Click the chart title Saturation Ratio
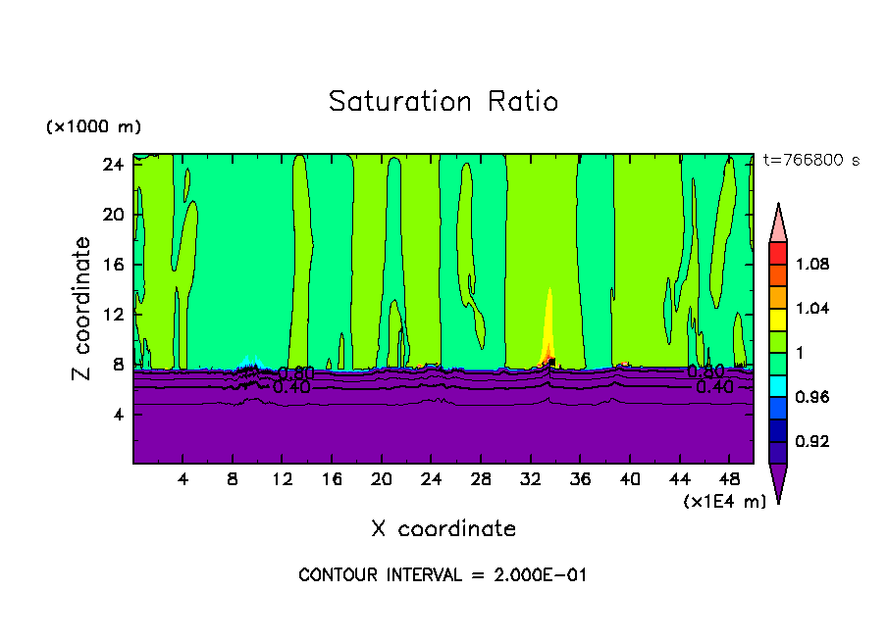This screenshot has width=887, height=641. click(x=443, y=102)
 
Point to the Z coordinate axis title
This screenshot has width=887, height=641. click(x=82, y=309)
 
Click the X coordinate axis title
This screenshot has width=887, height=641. click(x=443, y=529)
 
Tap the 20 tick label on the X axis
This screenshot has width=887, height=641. click(x=382, y=479)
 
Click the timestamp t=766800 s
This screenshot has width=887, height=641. click(x=810, y=160)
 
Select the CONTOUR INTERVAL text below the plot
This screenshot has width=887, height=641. click(x=443, y=575)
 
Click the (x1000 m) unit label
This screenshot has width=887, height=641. click(x=93, y=127)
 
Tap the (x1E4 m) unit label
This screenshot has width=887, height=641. click(x=724, y=501)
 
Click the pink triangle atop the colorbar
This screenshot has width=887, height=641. click(x=778, y=223)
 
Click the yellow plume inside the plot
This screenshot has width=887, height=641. click(x=549, y=323)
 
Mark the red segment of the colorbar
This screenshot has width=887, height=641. click(x=778, y=252)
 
